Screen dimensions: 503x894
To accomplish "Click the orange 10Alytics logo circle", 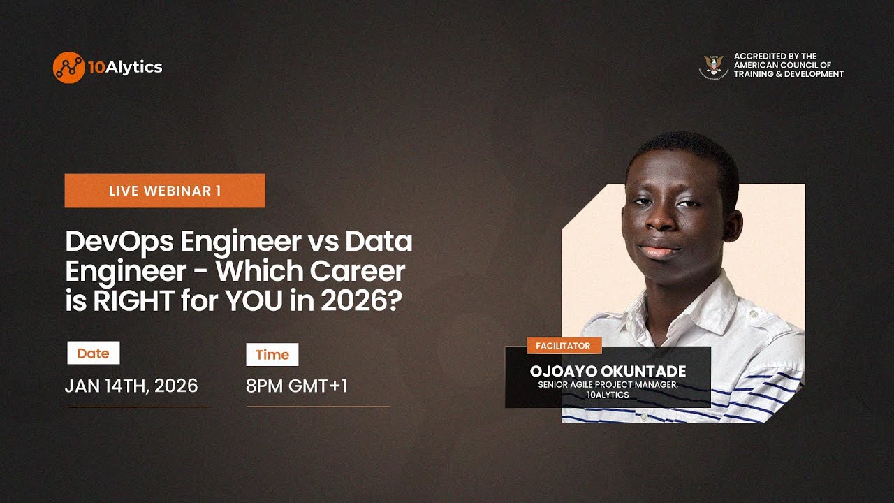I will pyautogui.click(x=68, y=67).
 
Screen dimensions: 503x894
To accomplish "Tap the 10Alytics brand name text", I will pyautogui.click(x=125, y=67).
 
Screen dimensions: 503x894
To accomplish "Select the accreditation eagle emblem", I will pyautogui.click(x=713, y=66).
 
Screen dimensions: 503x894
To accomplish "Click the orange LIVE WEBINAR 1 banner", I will pyautogui.click(x=165, y=191).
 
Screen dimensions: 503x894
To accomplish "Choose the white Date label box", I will pyautogui.click(x=93, y=353).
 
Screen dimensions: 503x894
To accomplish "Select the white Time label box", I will pyautogui.click(x=272, y=354).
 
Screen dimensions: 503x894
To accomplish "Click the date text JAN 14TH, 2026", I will pyautogui.click(x=131, y=386).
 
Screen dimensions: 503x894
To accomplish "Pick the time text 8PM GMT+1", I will pyautogui.click(x=297, y=386).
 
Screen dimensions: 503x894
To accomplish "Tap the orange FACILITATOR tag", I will pyautogui.click(x=563, y=345).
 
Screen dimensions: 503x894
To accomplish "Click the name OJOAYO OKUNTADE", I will pyautogui.click(x=608, y=372).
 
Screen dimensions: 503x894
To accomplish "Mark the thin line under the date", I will pyautogui.click(x=138, y=407).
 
